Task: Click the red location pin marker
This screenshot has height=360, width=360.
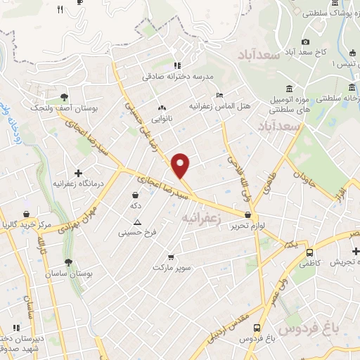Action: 181,165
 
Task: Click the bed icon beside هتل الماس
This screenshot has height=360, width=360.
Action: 219,95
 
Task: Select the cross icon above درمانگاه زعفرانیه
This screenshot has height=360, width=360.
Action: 78,173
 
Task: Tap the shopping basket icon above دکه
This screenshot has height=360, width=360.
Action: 136,195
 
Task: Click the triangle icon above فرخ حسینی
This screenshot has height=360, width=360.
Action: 137,222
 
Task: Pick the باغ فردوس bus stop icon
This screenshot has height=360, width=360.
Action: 256,328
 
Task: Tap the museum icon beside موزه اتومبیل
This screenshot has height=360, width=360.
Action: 290,88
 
